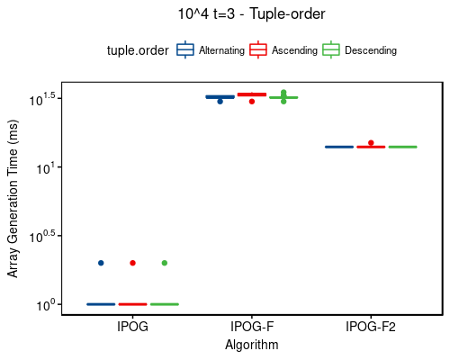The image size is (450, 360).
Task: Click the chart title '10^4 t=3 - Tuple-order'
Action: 251,14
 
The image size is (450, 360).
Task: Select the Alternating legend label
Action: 221,51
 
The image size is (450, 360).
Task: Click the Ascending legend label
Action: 295,51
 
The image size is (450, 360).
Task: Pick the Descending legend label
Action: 370,51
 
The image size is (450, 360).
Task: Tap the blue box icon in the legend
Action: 185,50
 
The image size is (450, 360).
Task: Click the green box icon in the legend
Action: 331,50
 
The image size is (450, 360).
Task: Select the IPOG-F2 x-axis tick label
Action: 370,328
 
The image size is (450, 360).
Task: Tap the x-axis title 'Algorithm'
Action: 251,345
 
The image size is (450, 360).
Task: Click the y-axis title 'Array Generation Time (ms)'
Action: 13,199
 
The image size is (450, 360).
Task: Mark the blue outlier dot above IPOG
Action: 101,263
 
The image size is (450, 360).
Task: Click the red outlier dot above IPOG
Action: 132,263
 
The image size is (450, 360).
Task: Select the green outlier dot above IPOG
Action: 164,263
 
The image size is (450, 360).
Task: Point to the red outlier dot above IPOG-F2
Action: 371,142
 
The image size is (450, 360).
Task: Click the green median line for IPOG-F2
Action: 402,147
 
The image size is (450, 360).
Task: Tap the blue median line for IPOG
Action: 101,304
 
